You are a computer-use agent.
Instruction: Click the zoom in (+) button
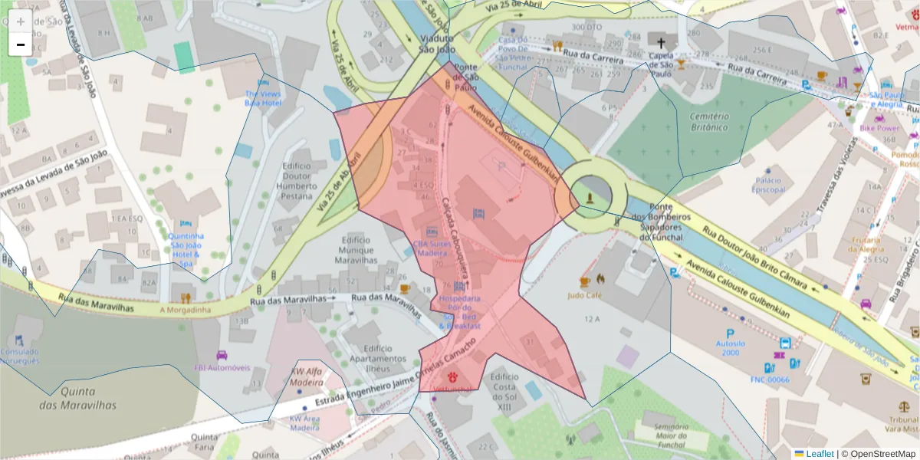click(x=21, y=21)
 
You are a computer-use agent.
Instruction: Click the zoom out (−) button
click(x=21, y=44)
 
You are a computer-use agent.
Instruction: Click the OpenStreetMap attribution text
click(x=878, y=454)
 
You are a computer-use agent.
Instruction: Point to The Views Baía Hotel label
click(x=263, y=98)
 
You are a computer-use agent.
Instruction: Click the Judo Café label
click(x=584, y=294)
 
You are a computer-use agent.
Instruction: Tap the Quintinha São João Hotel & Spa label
click(x=186, y=250)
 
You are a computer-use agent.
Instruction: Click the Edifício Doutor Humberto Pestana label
click(x=297, y=181)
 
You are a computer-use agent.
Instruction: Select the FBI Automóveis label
click(x=223, y=367)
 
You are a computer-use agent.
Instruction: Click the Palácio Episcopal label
click(x=767, y=184)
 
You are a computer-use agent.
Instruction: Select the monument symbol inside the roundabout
click(x=589, y=198)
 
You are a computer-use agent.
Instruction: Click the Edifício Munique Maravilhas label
click(x=355, y=251)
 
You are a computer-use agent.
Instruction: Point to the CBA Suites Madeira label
click(x=430, y=248)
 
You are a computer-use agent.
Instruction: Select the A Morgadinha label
click(x=184, y=310)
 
